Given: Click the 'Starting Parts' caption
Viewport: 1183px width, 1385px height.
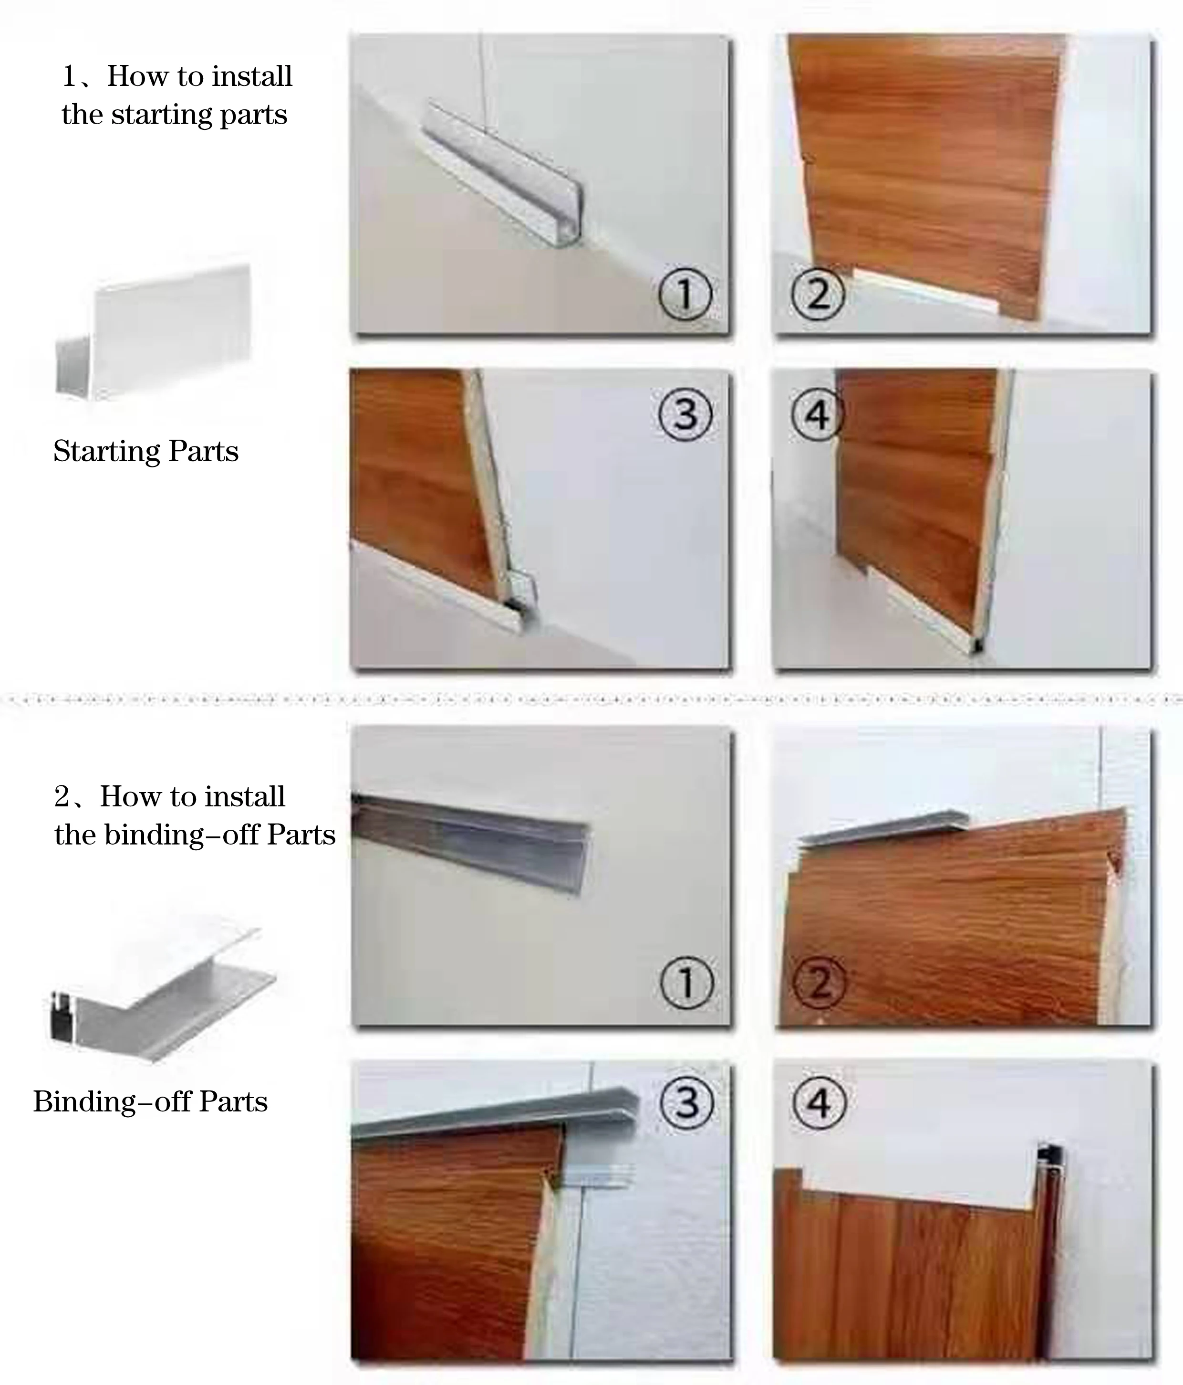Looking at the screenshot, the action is click(x=145, y=451).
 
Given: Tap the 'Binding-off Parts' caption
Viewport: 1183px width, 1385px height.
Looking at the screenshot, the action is click(x=150, y=1101).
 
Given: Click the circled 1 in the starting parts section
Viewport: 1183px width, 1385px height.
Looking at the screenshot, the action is click(x=685, y=294).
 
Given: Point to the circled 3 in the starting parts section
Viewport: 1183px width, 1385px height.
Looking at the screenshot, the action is click(x=685, y=414).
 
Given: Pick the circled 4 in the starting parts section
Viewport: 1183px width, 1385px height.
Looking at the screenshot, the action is click(x=818, y=414).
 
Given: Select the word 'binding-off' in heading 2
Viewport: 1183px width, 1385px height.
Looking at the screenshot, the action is click(x=181, y=835).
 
